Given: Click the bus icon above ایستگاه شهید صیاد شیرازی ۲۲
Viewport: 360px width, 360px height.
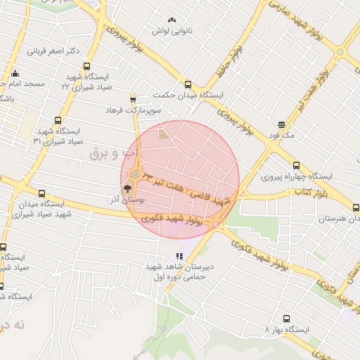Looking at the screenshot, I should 86,66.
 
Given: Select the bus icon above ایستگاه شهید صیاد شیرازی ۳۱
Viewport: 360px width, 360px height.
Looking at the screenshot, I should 58,120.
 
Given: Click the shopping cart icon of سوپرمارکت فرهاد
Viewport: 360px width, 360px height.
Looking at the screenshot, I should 132,100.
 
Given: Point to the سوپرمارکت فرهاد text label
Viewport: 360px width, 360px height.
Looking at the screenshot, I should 124,110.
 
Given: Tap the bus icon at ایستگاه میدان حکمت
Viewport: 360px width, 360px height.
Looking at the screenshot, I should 187,82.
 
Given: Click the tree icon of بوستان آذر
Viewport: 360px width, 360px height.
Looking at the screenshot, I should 128,188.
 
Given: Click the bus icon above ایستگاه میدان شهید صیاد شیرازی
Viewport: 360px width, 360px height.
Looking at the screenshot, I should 41,193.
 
